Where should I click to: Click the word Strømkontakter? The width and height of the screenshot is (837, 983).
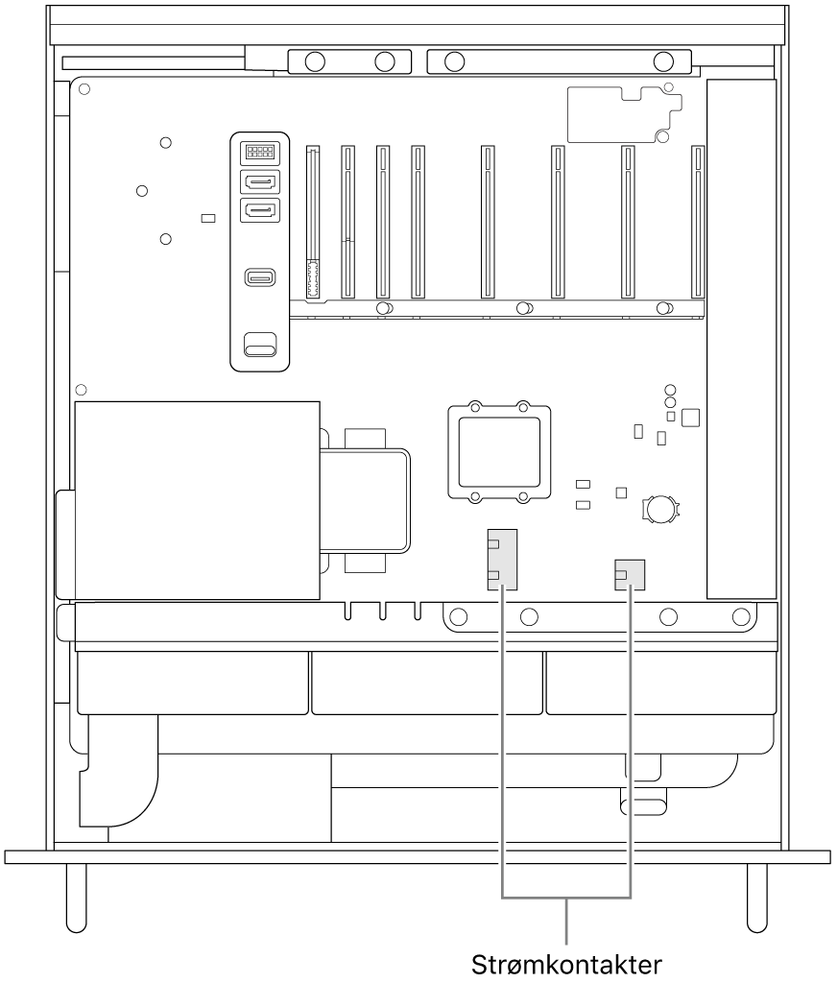566,964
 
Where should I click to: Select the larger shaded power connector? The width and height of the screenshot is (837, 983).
502,560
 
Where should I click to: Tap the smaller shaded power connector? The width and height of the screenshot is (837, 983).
630,575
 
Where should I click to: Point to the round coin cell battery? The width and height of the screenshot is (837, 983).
659,509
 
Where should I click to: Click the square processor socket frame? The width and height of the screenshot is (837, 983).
500,451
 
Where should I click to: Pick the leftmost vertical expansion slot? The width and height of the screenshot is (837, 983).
312,222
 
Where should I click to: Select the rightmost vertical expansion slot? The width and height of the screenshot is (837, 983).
697,222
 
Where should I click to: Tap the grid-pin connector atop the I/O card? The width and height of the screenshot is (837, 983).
259,152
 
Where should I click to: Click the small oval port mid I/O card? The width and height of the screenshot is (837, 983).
260,277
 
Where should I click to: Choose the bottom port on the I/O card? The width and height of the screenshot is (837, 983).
259,345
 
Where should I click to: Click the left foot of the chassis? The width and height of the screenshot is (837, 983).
77,898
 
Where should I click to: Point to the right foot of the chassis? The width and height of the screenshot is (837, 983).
757,898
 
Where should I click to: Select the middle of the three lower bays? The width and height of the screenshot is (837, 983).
427,683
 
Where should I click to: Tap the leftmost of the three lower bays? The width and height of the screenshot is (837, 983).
193,683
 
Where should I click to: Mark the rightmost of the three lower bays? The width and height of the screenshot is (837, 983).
660,683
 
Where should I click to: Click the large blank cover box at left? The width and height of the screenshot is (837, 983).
197,500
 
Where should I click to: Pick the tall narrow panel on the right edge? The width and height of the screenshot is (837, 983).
741,339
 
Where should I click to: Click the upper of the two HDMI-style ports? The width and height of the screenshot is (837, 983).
259,182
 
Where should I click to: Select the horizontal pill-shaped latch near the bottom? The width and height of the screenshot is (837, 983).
643,807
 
